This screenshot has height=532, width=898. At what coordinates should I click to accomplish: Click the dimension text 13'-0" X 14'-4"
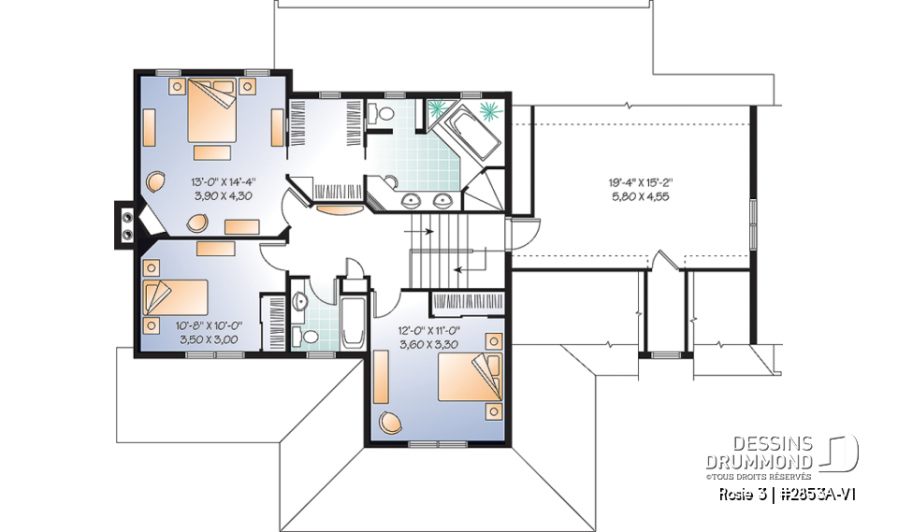coord(210,183)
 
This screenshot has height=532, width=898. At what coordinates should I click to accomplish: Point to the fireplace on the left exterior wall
coord(124,224)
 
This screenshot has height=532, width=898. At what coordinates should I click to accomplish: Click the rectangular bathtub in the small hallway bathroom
coord(352,323)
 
